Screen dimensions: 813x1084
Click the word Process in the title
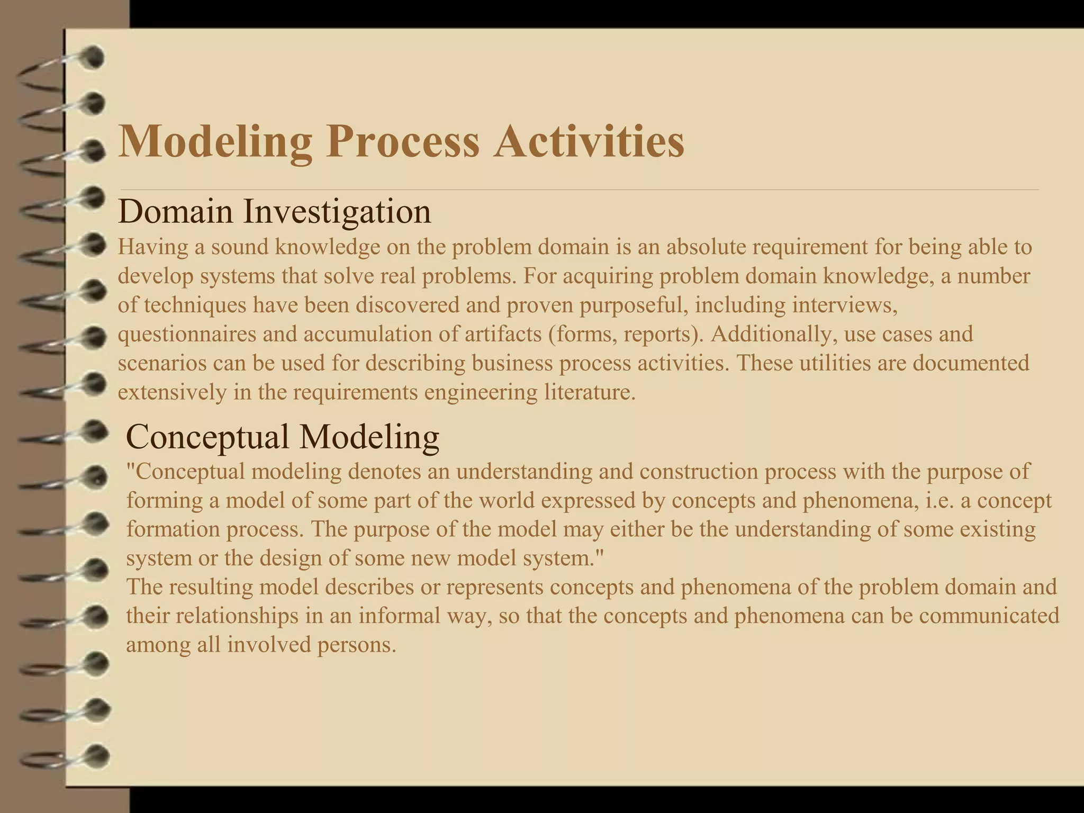[x=402, y=142]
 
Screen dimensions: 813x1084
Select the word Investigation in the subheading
[x=337, y=212]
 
